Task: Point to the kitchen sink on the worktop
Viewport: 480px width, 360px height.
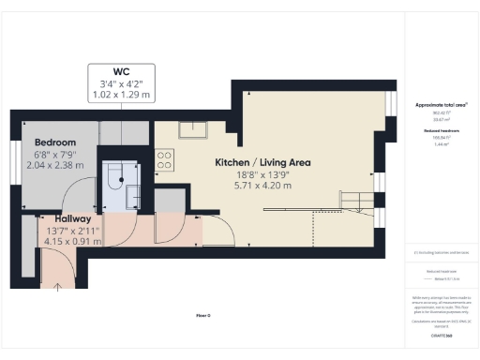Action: (194, 131)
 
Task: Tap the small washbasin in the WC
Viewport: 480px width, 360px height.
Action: (132, 194)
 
